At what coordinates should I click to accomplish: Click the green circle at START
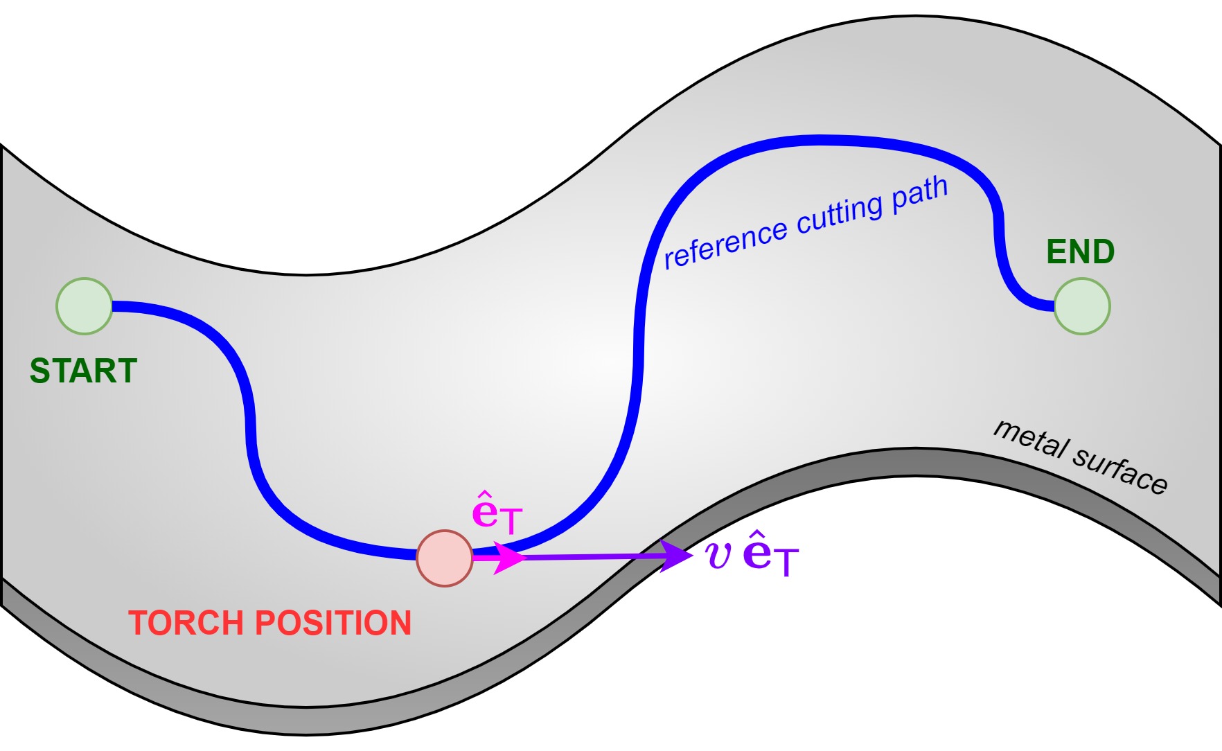(x=85, y=306)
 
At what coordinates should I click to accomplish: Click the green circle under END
(x=1081, y=306)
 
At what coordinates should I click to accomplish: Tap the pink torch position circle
(x=445, y=558)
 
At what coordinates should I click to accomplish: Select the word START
(x=83, y=371)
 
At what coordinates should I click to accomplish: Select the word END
(x=1080, y=251)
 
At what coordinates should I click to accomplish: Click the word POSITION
(x=334, y=623)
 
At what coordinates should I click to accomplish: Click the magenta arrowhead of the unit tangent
(x=511, y=558)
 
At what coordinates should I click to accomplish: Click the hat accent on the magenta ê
(x=484, y=496)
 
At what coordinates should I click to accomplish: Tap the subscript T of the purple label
(x=786, y=562)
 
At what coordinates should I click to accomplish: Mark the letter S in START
(x=39, y=371)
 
